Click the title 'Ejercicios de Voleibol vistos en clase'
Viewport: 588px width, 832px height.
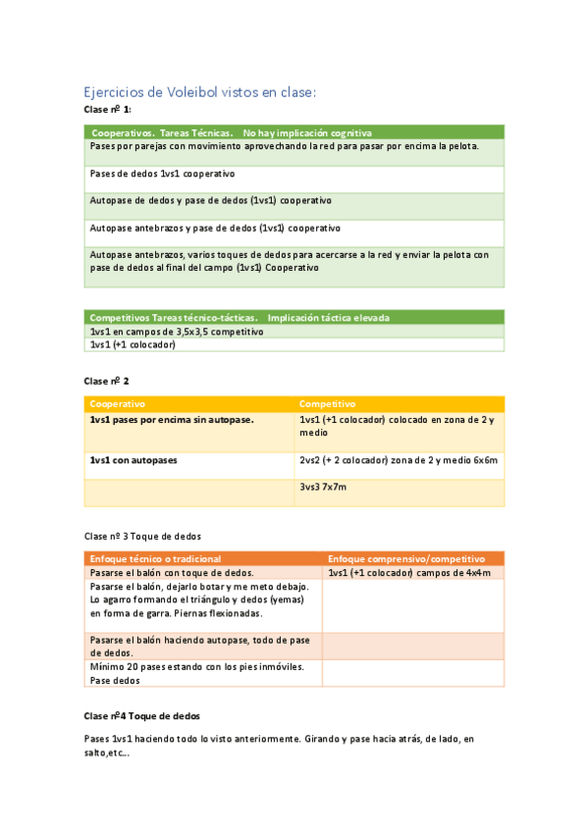(199, 92)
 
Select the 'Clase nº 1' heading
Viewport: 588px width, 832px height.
(108, 110)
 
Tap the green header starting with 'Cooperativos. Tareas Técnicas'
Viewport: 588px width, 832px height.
(232, 132)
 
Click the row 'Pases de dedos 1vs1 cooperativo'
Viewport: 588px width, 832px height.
(163, 173)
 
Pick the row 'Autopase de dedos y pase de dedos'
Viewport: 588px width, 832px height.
(210, 199)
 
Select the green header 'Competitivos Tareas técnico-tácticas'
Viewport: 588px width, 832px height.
(240, 318)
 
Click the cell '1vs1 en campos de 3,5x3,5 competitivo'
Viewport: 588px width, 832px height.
(177, 332)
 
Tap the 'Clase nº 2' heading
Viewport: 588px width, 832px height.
(107, 381)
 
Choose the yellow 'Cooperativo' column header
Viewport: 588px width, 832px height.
(118, 403)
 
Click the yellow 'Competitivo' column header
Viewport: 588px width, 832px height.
(328, 403)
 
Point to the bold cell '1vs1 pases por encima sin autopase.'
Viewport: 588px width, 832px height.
(172, 420)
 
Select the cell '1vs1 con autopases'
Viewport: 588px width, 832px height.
(134, 459)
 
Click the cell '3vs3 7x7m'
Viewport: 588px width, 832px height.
(323, 487)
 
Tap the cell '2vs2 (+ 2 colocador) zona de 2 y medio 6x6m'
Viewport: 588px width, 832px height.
(399, 459)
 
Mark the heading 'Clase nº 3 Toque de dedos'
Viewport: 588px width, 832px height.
(142, 537)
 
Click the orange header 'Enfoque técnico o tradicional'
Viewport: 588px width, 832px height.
(155, 558)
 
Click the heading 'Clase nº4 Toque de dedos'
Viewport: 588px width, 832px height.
(142, 717)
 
